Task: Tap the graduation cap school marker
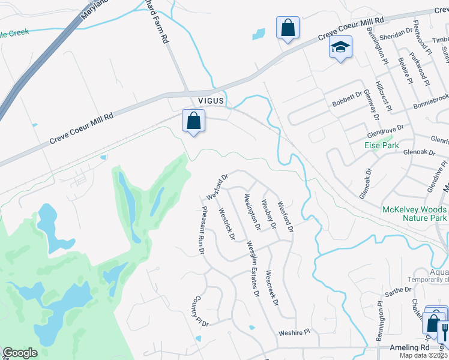coord(340,48)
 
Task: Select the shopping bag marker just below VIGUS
coord(194,122)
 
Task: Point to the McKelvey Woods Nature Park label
coord(414,214)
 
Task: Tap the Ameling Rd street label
coord(409,347)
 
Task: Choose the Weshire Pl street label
coord(294,332)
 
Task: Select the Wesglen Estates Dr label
coord(253,268)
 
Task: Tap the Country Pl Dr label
coord(200,311)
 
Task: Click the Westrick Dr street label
coord(226,223)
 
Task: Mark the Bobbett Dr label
coord(348,99)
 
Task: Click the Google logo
coord(20,353)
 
